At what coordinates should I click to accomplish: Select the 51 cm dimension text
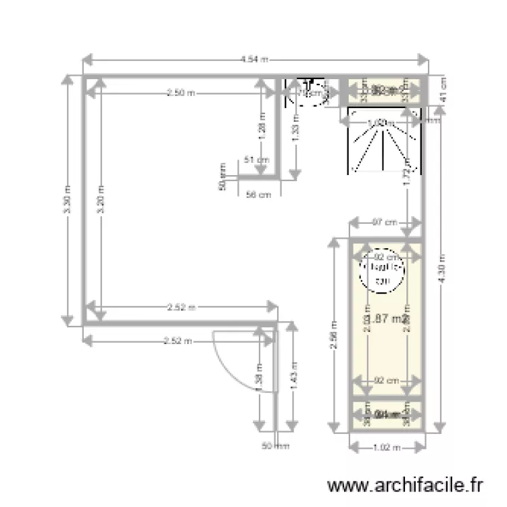click(257, 160)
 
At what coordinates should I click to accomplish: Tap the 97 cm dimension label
click(384, 222)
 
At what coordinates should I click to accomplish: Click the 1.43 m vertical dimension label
click(291, 375)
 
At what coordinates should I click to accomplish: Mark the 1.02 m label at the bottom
click(387, 447)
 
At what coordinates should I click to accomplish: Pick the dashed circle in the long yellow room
click(383, 272)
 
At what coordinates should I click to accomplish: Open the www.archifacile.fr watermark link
click(405, 485)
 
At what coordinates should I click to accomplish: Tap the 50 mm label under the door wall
click(276, 445)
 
